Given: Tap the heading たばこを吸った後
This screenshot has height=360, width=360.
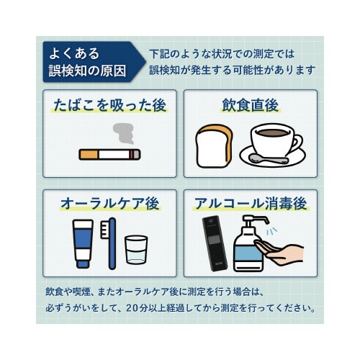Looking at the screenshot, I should click(x=109, y=105).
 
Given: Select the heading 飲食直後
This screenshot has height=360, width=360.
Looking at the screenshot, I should click(x=251, y=105).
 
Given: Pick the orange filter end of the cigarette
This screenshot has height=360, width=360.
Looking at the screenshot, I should click(x=89, y=154).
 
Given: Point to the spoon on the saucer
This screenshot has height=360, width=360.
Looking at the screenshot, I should click(x=263, y=157).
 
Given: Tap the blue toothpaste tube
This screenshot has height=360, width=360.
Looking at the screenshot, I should click(x=83, y=243).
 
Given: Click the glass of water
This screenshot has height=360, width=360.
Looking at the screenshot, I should click(x=136, y=250).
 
